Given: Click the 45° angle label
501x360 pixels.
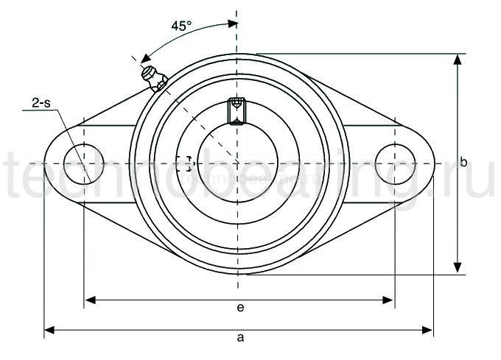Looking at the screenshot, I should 181,25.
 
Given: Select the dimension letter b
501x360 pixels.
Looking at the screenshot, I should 463,163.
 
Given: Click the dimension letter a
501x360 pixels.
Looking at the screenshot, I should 239,338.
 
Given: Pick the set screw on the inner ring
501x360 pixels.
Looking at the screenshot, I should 237,110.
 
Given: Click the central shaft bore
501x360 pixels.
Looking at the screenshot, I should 237,163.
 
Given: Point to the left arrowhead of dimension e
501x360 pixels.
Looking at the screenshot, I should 91,299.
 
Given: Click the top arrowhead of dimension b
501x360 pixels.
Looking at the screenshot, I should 458,60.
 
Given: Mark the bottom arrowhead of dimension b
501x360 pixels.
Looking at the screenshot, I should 458,267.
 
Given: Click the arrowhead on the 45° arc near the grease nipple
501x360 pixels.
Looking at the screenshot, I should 146,57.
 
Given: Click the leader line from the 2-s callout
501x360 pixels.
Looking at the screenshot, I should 70,140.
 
